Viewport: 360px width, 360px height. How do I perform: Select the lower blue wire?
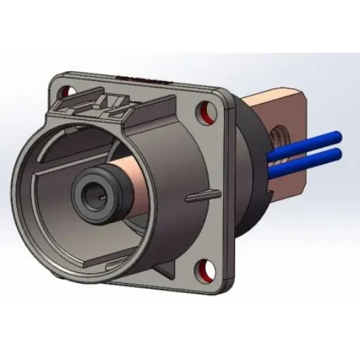click(x=311, y=153)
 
